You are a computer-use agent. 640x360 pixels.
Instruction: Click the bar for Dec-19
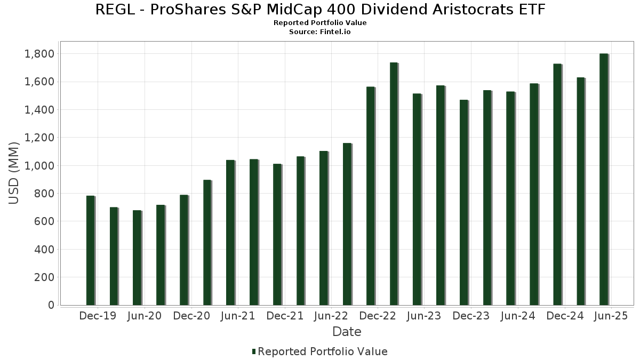pyautogui.click(x=90, y=251)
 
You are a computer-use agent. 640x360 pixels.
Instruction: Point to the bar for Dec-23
pyautogui.click(x=463, y=202)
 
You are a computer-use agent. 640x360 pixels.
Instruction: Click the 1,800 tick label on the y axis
pyautogui.click(x=39, y=54)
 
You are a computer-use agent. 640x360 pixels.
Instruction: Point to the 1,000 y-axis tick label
pyautogui.click(x=39, y=165)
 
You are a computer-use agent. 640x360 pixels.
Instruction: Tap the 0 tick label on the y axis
pyautogui.click(x=51, y=305)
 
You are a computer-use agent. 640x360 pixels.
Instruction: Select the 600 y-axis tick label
pyautogui.click(x=44, y=221)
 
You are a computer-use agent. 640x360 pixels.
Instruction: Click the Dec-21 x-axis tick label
pyautogui.click(x=285, y=316)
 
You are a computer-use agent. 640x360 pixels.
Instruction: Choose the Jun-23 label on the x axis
pyautogui.click(x=423, y=316)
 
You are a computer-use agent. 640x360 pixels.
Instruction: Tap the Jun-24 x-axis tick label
pyautogui.click(x=517, y=316)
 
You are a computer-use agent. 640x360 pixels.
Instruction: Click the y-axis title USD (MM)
pyautogui.click(x=14, y=173)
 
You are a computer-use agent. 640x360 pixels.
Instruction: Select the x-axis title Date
pyautogui.click(x=347, y=332)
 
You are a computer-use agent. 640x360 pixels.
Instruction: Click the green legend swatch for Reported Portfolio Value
pyautogui.click(x=254, y=351)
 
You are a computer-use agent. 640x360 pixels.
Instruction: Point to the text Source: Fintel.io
pyautogui.click(x=320, y=32)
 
